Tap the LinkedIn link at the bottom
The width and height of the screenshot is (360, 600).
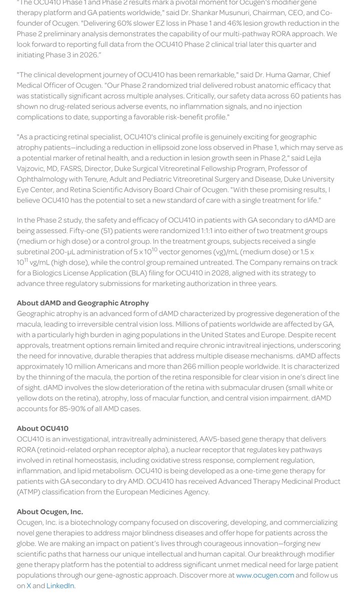(x=60, y=585)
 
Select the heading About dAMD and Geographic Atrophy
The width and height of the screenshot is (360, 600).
(x=82, y=303)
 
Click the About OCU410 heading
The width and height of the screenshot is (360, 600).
(x=42, y=428)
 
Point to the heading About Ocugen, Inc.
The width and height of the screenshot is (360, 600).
(x=50, y=511)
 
